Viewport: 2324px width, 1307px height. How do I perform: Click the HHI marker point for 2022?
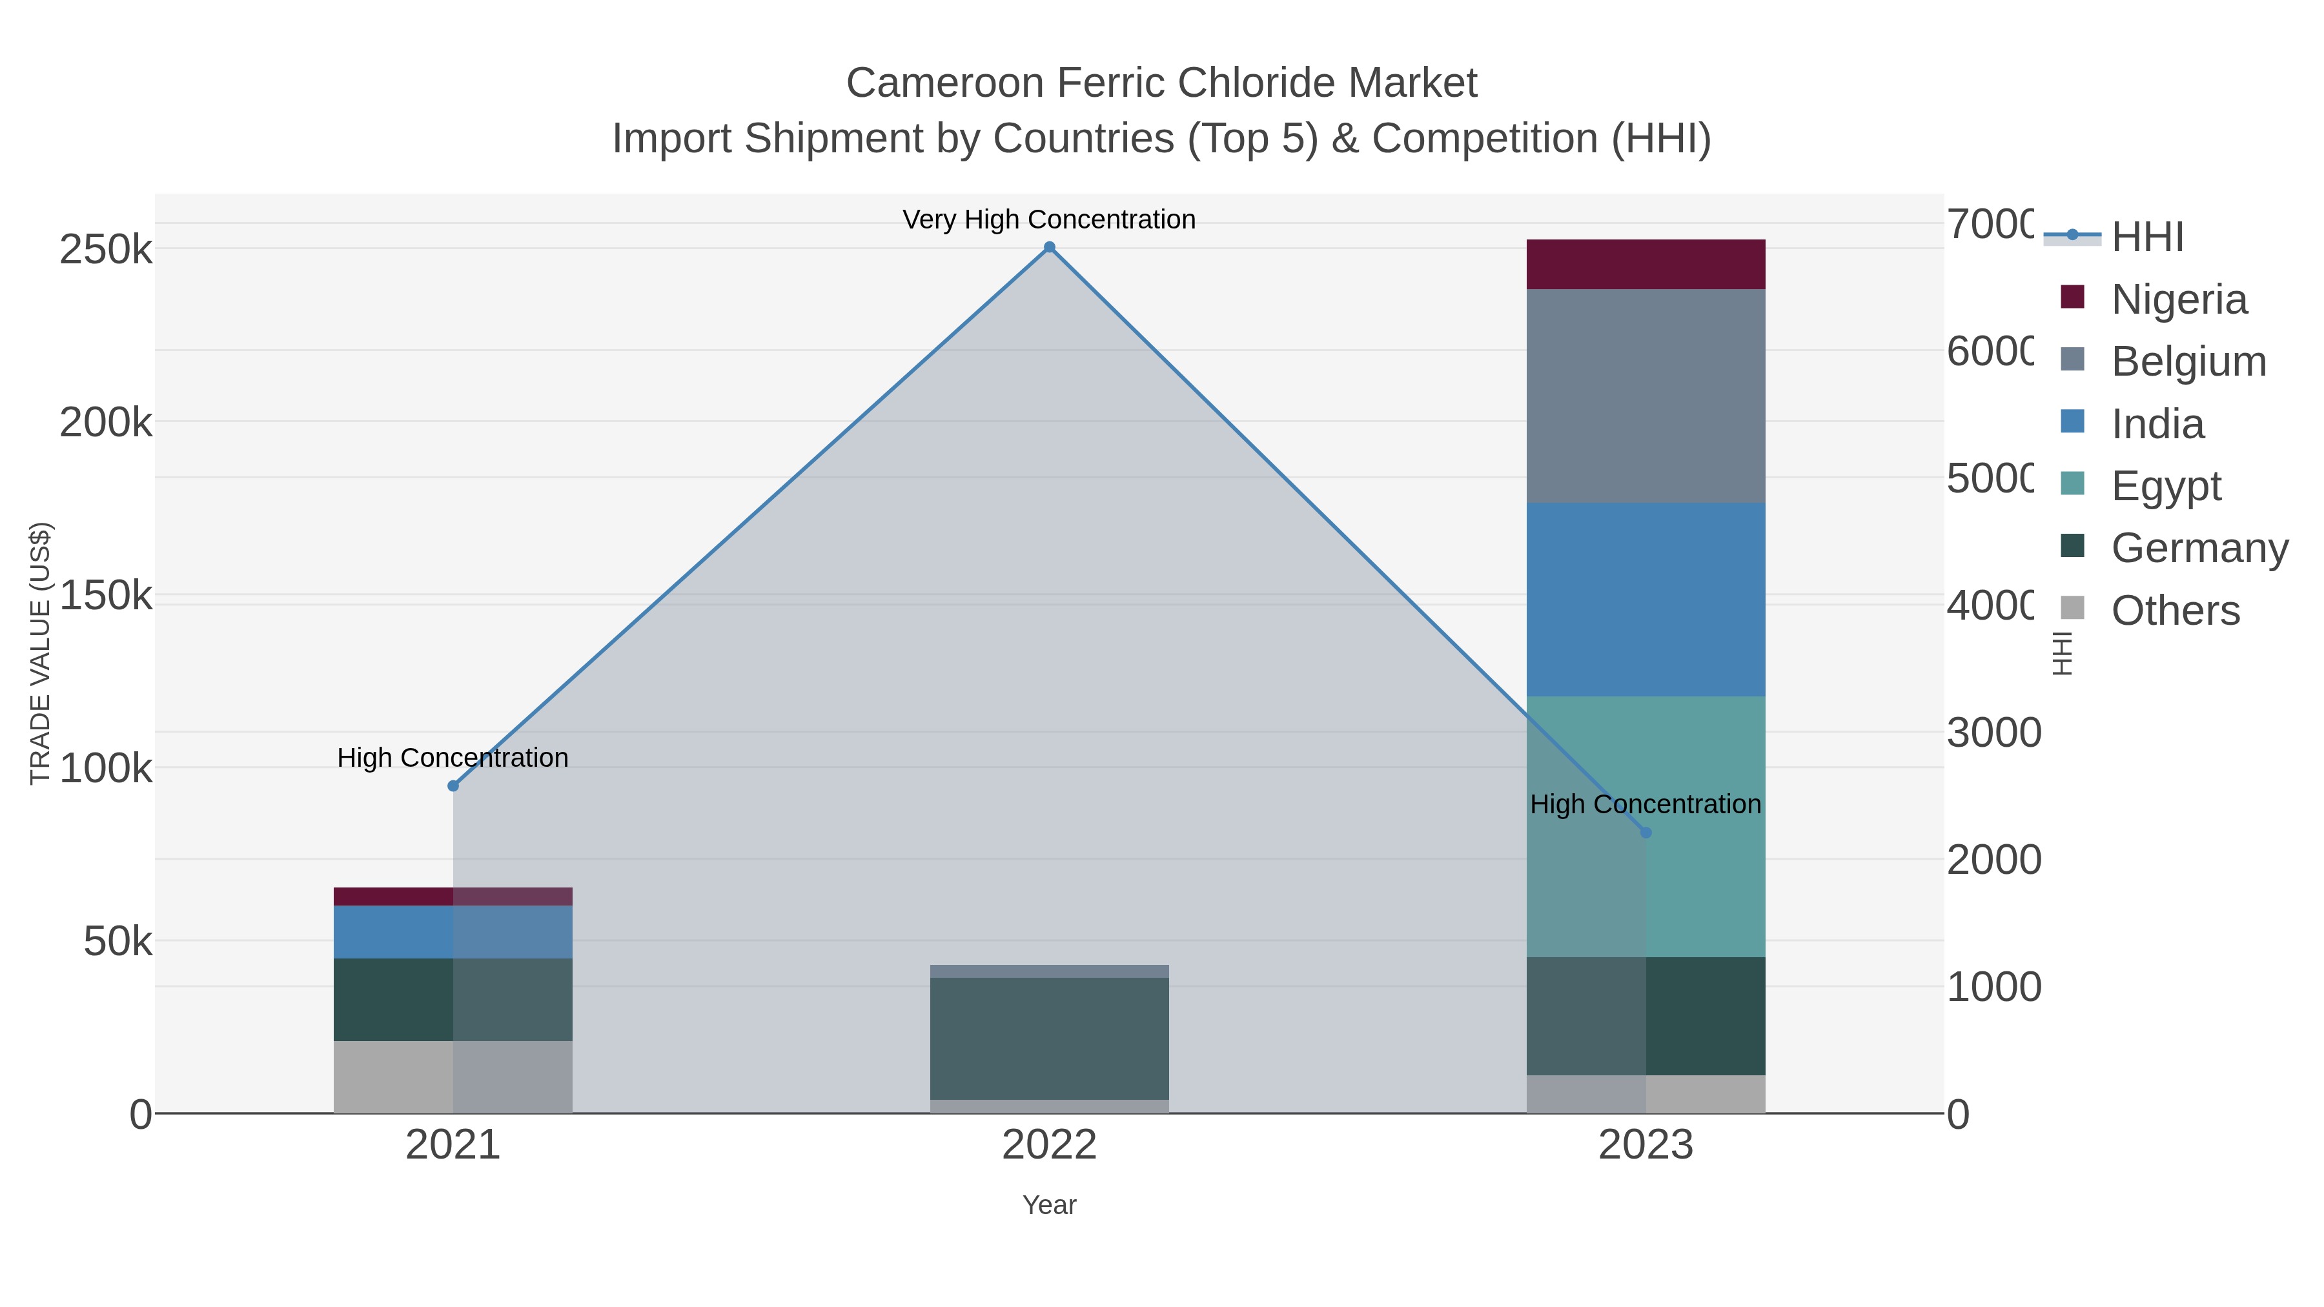(1049, 247)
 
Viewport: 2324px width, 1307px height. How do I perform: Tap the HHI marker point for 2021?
(453, 785)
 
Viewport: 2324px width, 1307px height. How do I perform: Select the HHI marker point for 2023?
(1646, 833)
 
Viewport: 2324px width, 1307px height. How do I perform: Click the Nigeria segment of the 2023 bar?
(1646, 264)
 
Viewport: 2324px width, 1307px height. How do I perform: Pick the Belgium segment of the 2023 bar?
(1646, 396)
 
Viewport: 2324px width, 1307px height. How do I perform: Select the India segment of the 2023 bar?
(1646, 599)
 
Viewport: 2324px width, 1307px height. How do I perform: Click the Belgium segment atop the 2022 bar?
(1049, 971)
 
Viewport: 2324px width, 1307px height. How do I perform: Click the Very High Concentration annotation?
(1049, 219)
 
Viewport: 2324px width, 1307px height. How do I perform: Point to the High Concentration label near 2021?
(453, 758)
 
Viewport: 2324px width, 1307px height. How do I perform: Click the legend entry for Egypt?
(2165, 485)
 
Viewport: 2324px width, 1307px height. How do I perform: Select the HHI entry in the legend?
(2147, 238)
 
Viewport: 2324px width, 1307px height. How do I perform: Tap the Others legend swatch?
(2072, 609)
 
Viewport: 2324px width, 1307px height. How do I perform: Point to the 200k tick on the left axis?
(106, 422)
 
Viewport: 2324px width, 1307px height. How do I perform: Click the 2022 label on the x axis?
(1049, 1144)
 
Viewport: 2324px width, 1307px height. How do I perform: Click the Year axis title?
(1049, 1205)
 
